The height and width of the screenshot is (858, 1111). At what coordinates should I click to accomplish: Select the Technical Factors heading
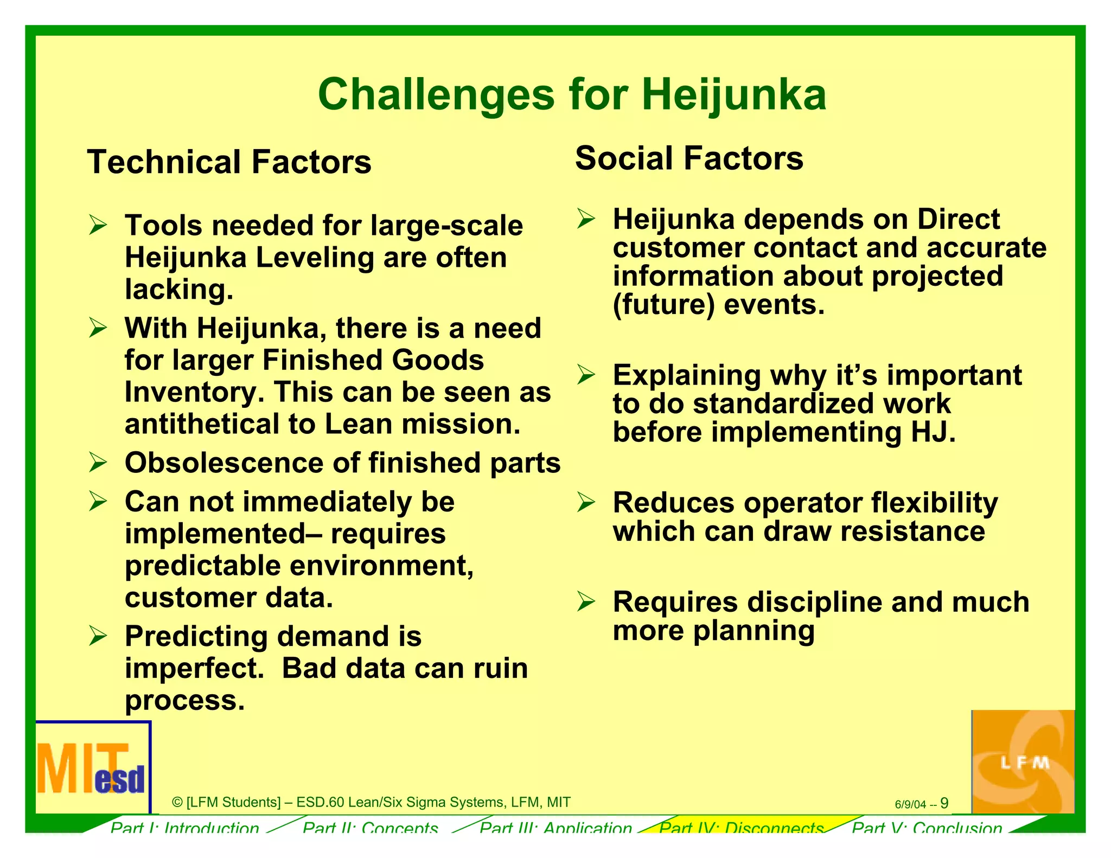coord(229,162)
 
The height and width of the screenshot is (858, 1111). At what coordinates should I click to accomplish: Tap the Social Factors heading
coord(689,158)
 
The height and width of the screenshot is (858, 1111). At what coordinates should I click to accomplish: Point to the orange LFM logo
coord(1023,761)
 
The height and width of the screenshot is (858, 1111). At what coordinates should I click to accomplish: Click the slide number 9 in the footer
coord(944,803)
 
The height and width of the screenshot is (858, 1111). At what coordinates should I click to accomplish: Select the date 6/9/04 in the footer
coord(910,804)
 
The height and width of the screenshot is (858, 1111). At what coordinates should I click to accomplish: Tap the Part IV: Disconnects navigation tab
coord(741,827)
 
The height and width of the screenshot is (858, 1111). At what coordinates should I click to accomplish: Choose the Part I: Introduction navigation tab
coord(184,827)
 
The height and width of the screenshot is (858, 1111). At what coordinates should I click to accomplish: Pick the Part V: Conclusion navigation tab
coord(927,827)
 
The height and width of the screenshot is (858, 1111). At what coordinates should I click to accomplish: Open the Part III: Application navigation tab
coord(556,827)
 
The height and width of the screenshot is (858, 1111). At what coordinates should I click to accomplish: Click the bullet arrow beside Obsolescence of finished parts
coord(98,462)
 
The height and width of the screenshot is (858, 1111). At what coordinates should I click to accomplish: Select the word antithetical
coord(202,424)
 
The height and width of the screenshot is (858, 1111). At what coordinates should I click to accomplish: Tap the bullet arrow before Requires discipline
coord(586,601)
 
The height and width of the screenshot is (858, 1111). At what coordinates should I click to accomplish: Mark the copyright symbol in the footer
coord(177,802)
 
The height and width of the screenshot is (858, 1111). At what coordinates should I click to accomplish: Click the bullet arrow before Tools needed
coord(98,225)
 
